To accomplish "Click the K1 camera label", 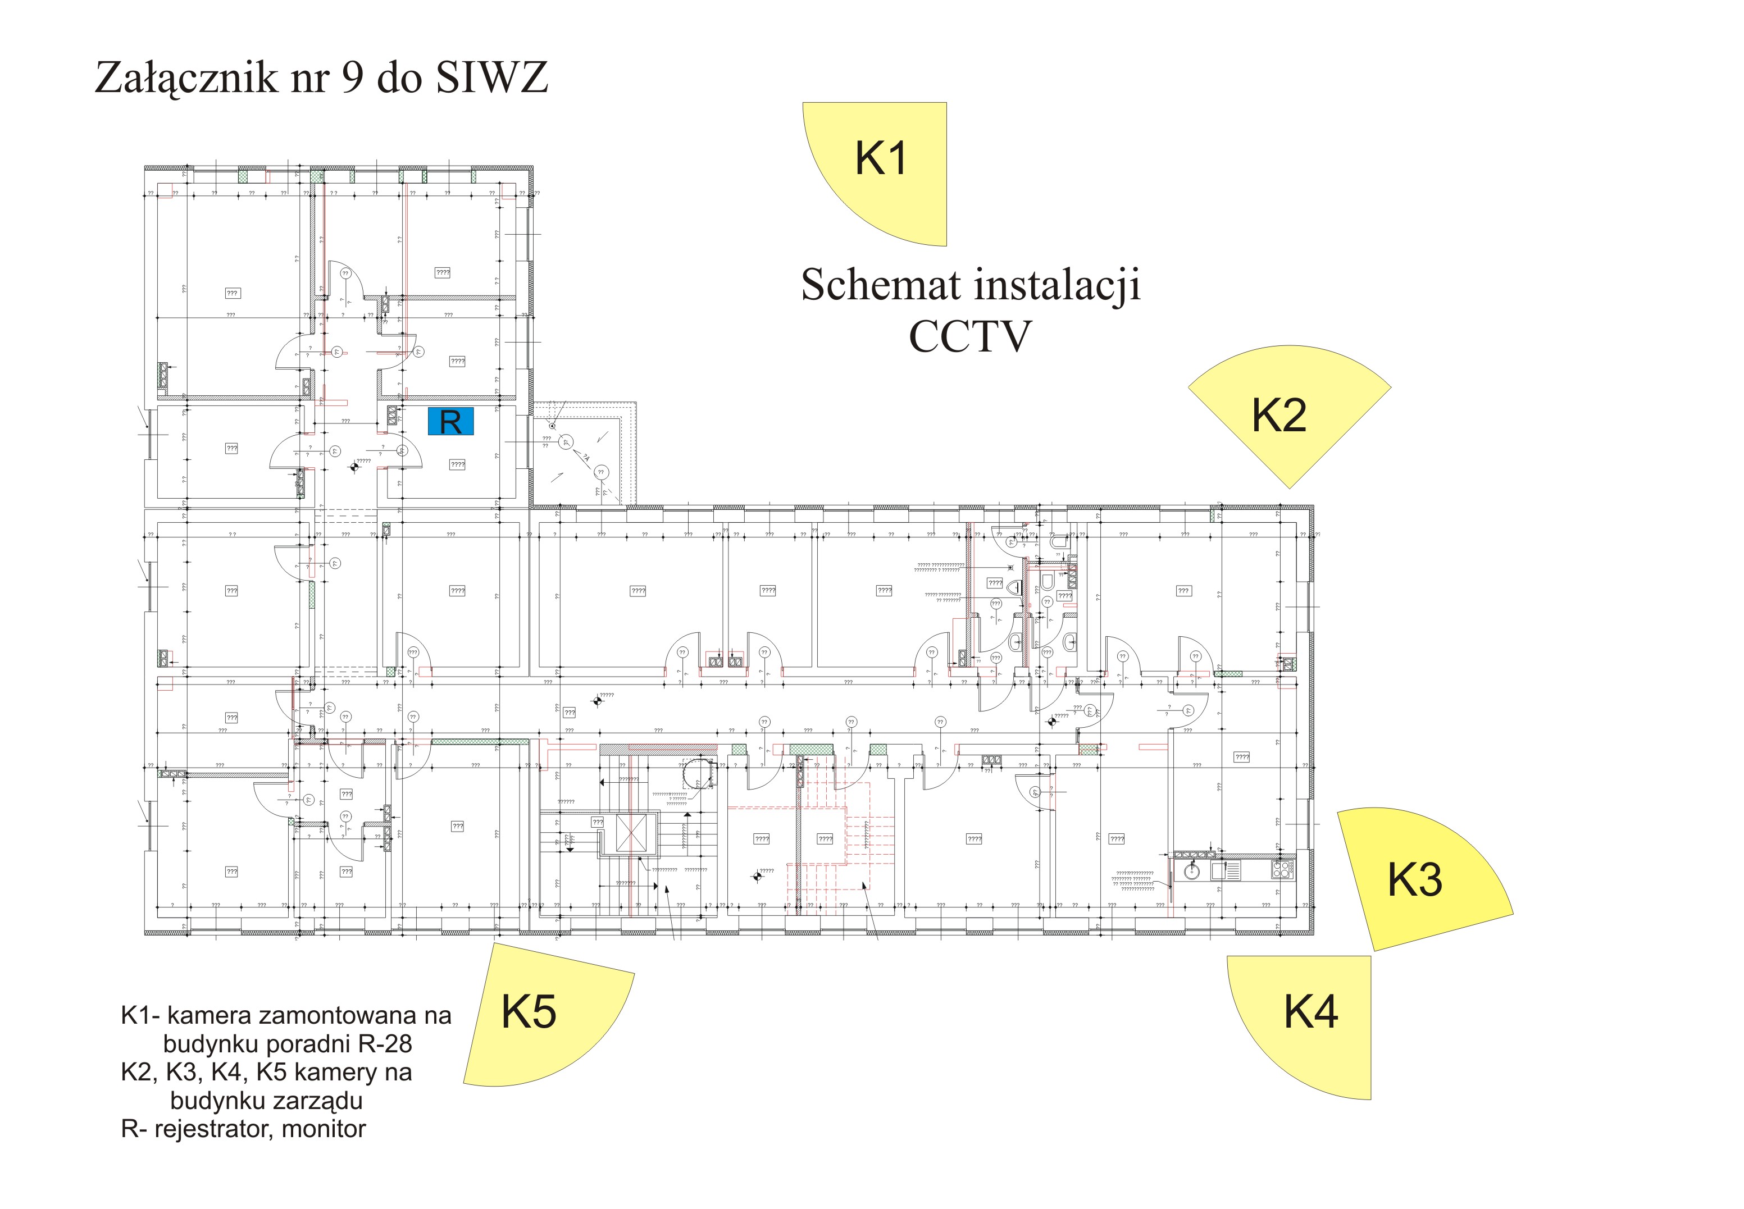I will [880, 158].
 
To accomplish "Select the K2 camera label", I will [1279, 416].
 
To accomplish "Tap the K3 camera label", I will [1414, 879].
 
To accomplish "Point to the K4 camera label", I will [1310, 1012].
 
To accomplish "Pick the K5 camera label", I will [529, 1012].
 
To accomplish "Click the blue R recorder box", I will [451, 422].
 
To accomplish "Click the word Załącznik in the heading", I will [185, 79].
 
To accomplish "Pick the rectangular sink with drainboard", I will [1226, 871].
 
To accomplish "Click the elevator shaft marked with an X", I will [631, 833].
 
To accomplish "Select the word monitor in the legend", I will [324, 1129].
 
